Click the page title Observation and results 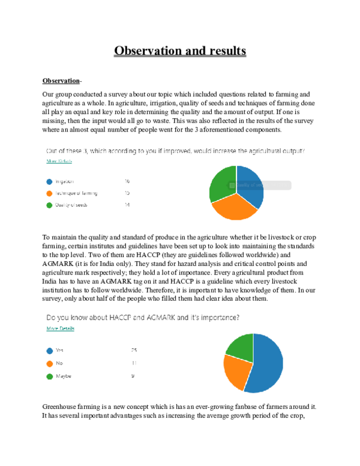coord(180,51)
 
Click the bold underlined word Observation coord(61,80)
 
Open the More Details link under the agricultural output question coord(59,162)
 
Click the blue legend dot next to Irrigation coord(49,181)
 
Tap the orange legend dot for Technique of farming coord(49,193)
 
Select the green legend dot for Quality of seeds coord(49,205)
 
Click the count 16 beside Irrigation coord(127,181)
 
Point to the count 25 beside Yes coord(134,350)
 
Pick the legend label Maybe coord(64,377)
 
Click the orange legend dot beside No coord(49,363)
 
